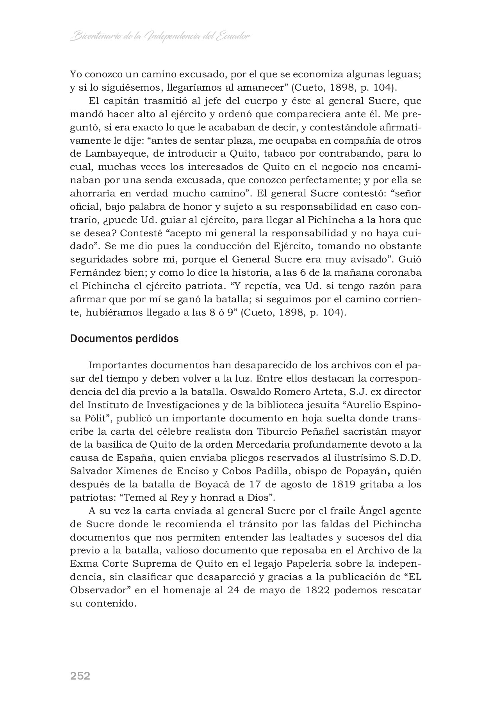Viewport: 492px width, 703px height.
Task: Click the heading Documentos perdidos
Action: click(x=124, y=339)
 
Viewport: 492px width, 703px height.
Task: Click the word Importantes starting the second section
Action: click(x=118, y=365)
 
